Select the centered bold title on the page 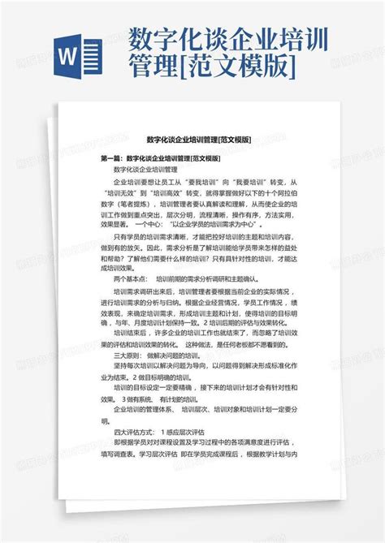(193, 140)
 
